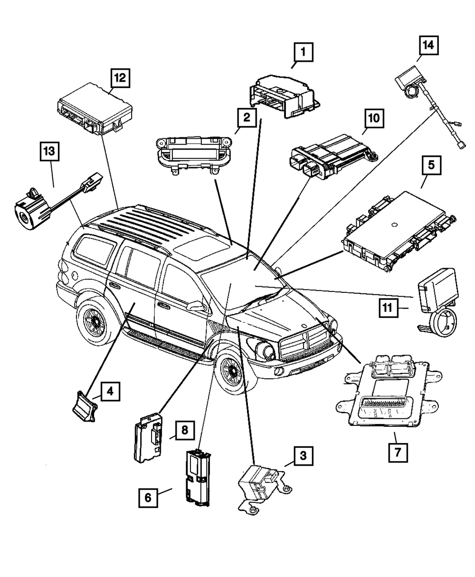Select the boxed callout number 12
[120, 78]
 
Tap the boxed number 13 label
[50, 154]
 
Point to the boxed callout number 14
[428, 46]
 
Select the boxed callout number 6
[149, 498]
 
